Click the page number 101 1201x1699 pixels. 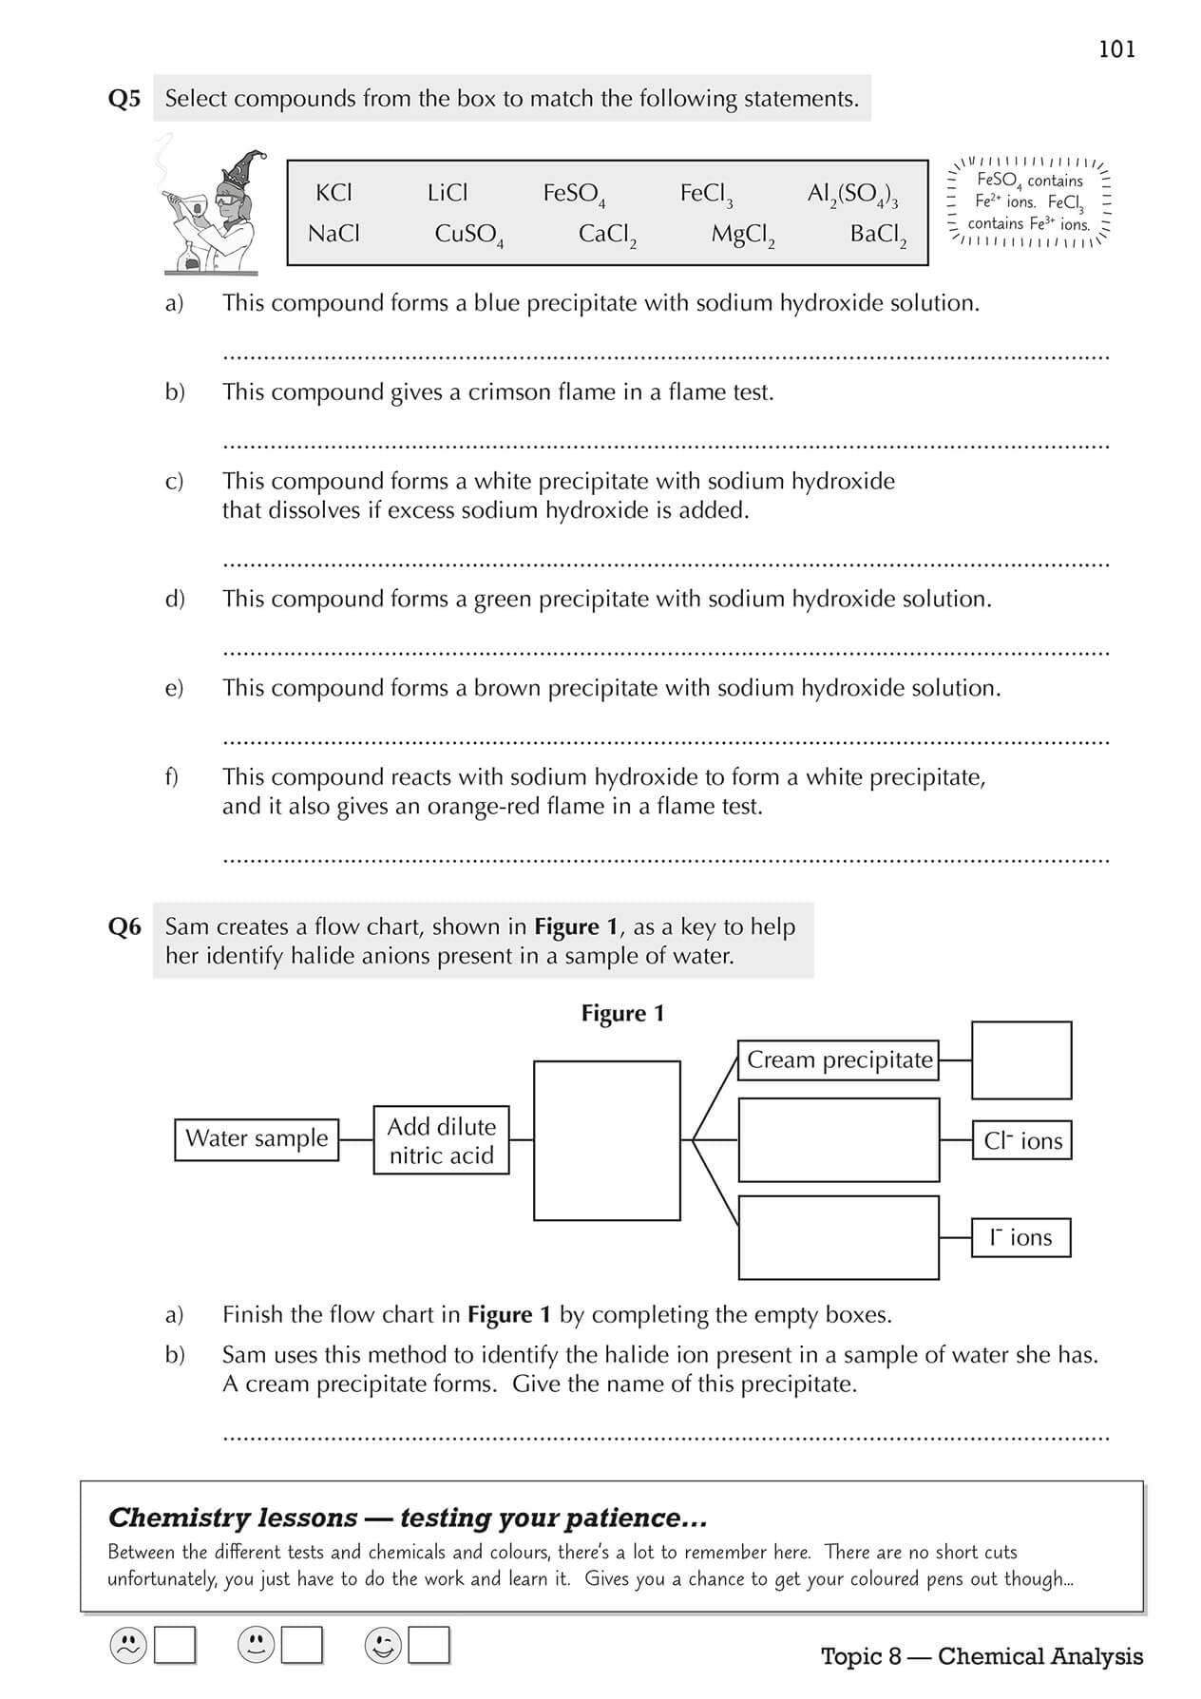point(1116,49)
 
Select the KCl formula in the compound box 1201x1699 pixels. point(334,193)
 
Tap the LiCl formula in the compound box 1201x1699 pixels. point(448,193)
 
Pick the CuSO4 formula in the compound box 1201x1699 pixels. point(468,235)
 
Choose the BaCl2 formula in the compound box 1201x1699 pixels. point(878,235)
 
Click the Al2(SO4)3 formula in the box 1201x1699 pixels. point(852,195)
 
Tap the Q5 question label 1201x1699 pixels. point(124,99)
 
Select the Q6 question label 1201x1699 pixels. point(124,926)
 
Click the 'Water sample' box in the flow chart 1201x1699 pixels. point(257,1138)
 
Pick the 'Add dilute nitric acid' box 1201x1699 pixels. point(442,1140)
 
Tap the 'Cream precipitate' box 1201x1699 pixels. point(839,1059)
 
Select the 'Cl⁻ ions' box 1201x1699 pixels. point(1022,1140)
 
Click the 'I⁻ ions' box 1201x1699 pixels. point(1021,1237)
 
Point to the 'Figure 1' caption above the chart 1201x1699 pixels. point(622,1013)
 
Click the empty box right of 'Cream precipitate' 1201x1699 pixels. point(1021,1060)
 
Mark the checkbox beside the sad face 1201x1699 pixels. point(175,1646)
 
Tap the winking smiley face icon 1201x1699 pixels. point(383,1646)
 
